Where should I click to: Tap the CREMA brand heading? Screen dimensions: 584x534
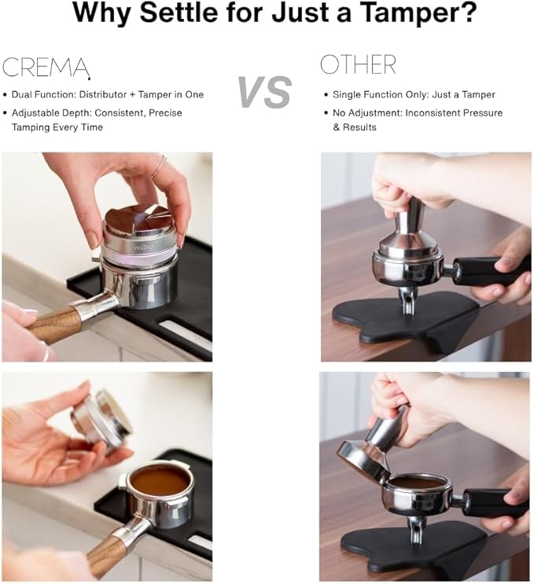[x=46, y=68]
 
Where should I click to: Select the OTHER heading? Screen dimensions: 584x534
[x=358, y=64]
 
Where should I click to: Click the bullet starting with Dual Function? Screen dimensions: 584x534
[x=108, y=94]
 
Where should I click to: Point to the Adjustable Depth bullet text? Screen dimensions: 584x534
[x=97, y=119]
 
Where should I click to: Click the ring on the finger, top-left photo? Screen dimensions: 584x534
[x=160, y=166]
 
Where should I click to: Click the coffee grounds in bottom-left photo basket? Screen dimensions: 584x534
[x=160, y=480]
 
